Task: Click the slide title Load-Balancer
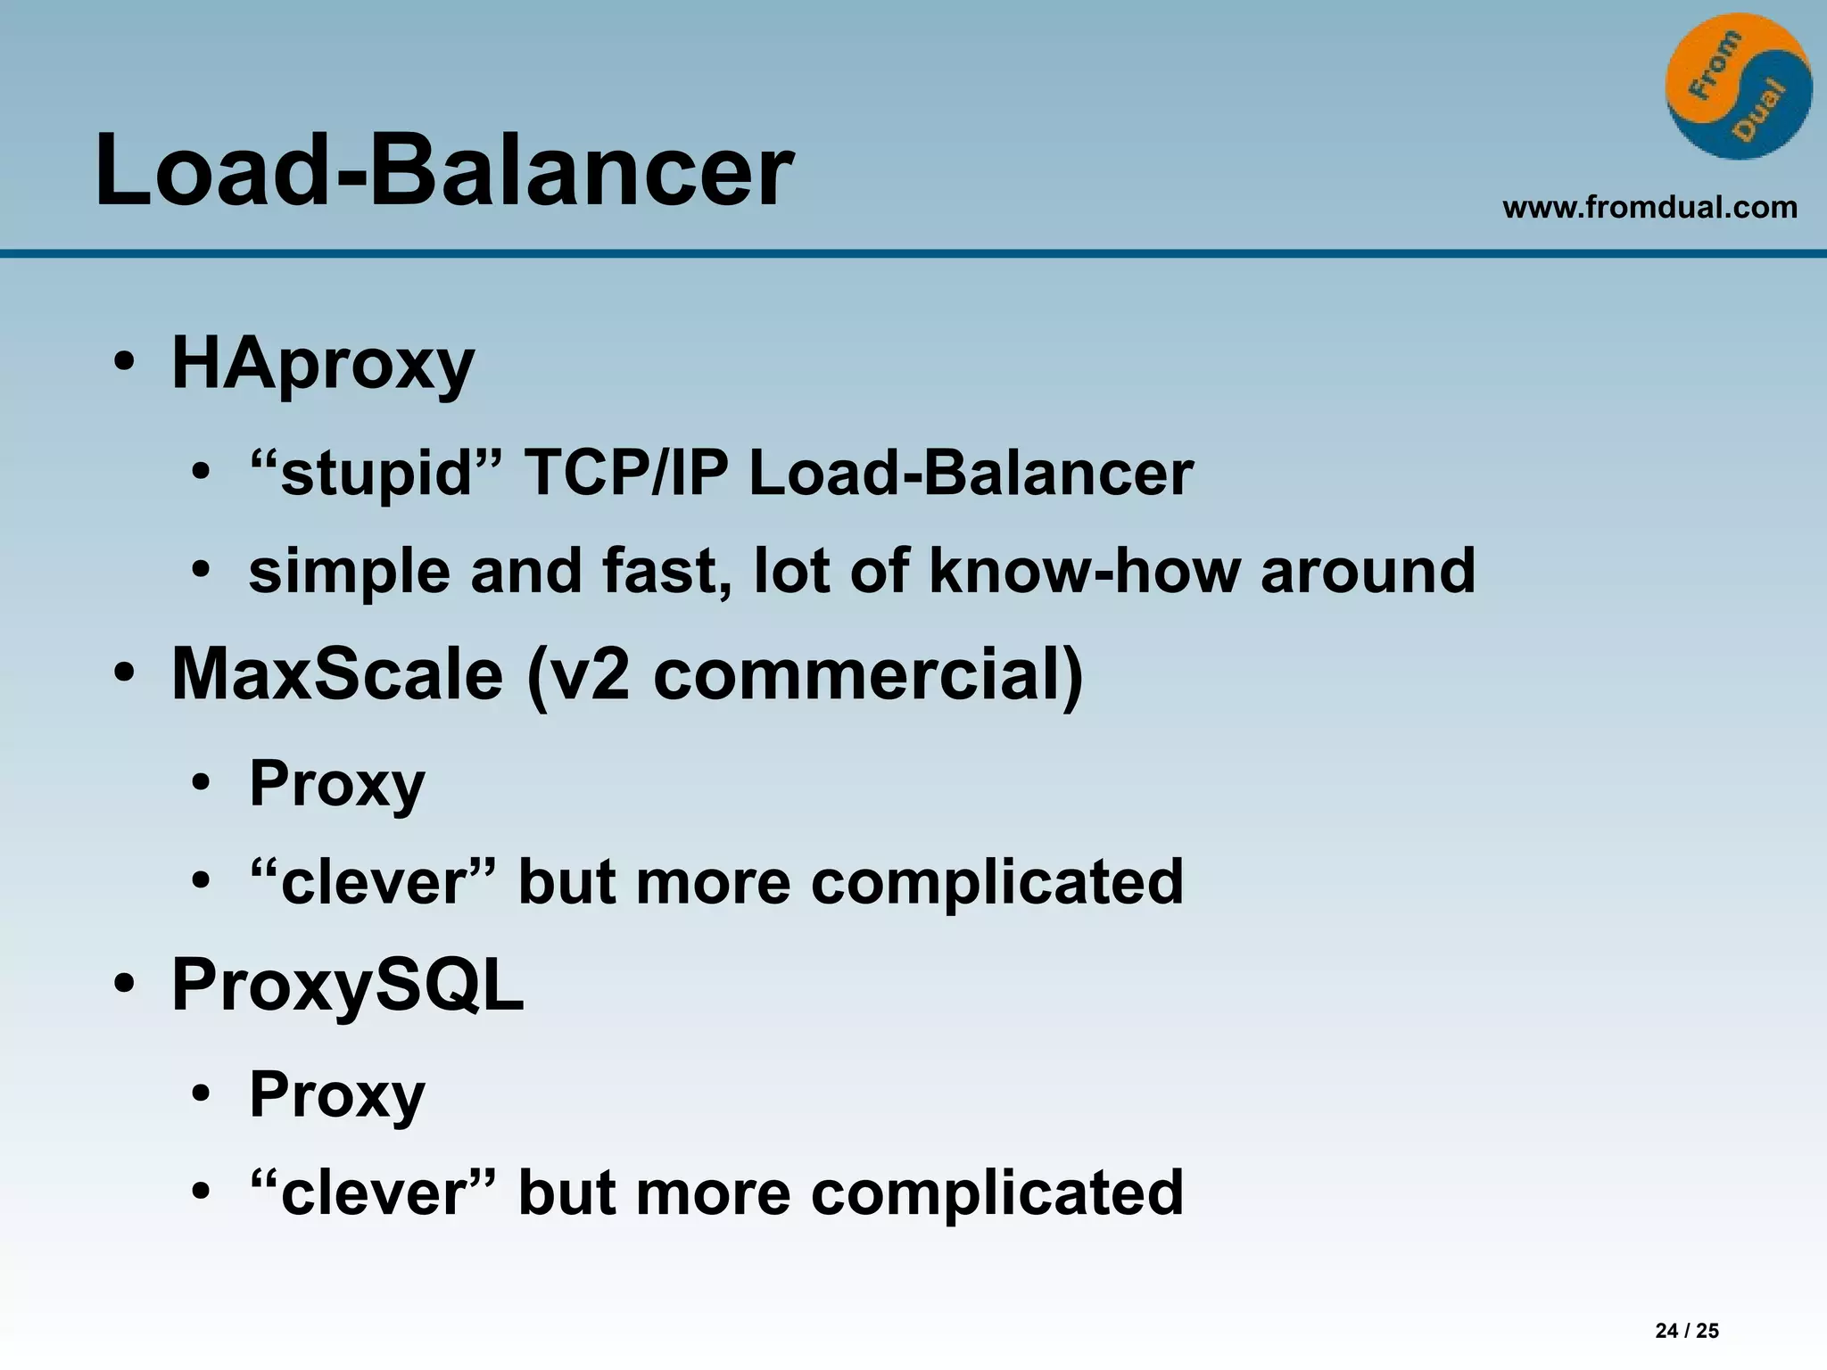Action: pyautogui.click(x=443, y=169)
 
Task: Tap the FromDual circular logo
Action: pyautogui.click(x=1738, y=87)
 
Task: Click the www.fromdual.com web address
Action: pyautogui.click(x=1649, y=208)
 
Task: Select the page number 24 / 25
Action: pyautogui.click(x=1686, y=1331)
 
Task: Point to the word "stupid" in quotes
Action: pyautogui.click(x=376, y=473)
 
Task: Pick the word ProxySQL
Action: pyautogui.click(x=347, y=986)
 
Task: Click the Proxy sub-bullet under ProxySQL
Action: pyautogui.click(x=337, y=1095)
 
